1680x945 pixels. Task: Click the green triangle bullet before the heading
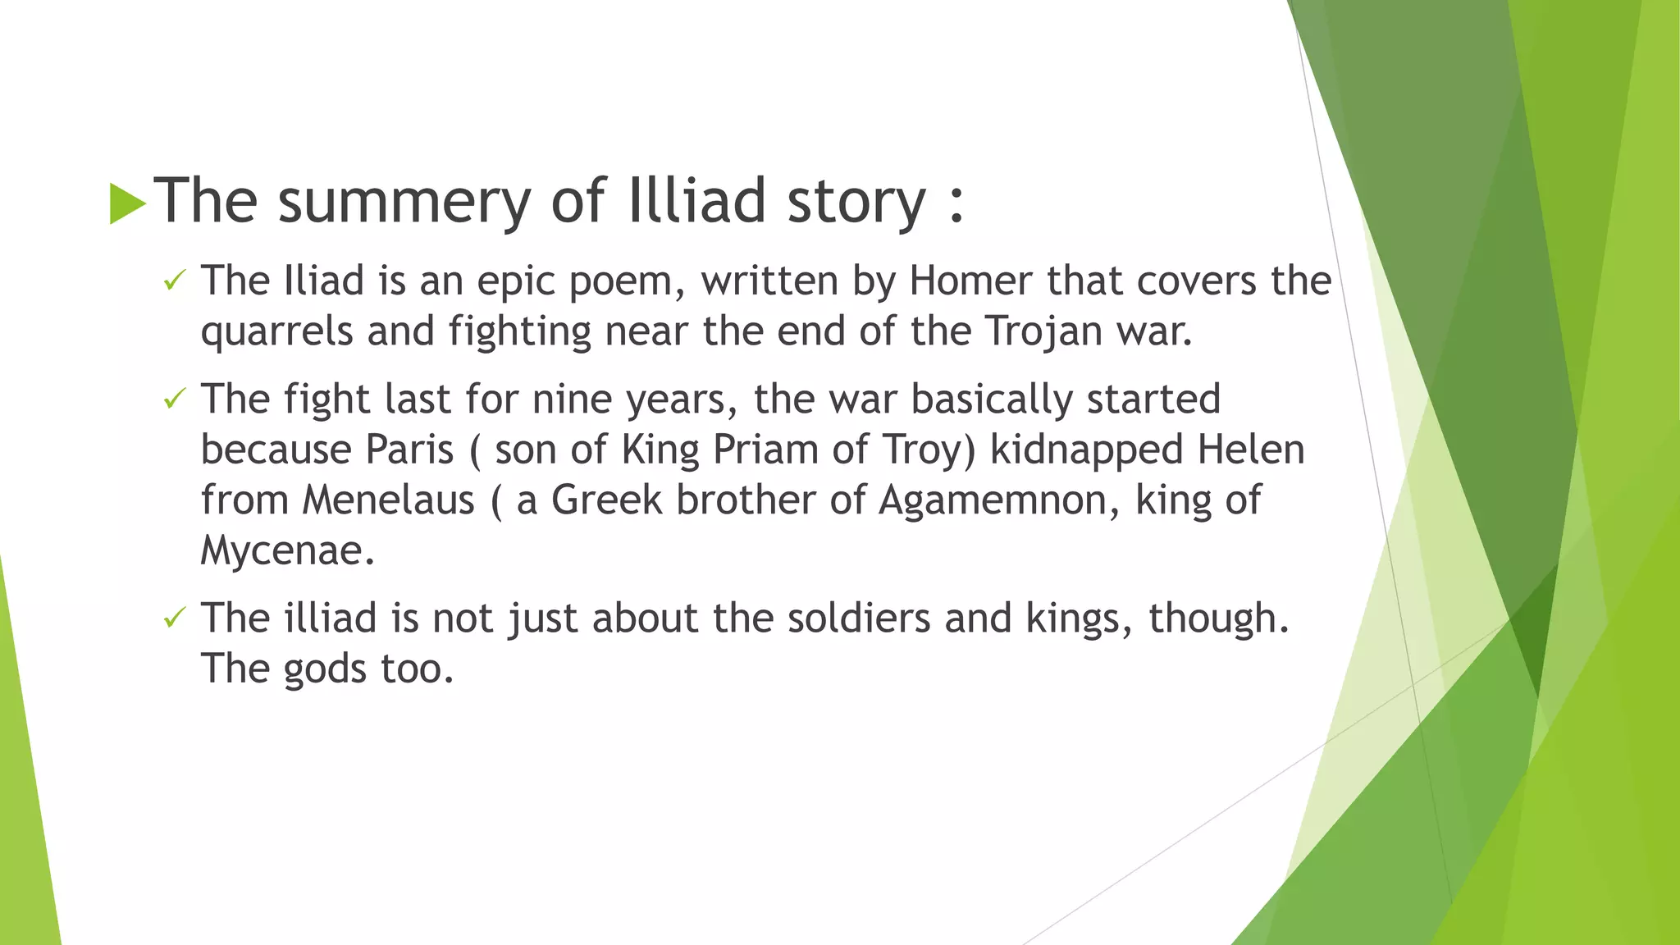127,203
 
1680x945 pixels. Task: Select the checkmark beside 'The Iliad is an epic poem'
174,281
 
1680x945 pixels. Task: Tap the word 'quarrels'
276,332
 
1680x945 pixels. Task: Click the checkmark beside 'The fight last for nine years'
174,399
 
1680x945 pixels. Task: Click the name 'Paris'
409,450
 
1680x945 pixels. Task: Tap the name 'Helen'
1251,450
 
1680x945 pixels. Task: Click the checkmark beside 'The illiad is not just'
174,619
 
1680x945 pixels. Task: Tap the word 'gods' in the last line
324,669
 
